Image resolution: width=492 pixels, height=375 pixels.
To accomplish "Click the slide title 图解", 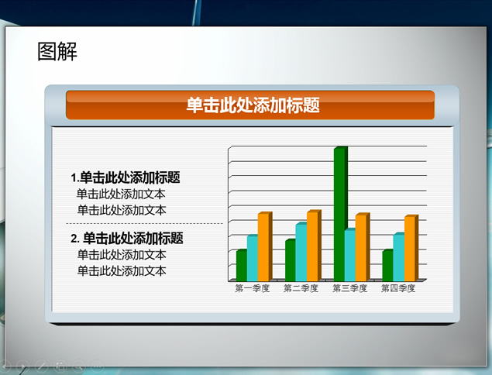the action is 57,51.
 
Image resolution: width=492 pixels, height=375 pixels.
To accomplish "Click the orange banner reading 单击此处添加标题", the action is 250,105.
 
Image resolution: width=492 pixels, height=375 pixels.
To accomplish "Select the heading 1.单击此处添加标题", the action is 126,177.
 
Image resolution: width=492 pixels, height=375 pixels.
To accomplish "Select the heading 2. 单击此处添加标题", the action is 127,238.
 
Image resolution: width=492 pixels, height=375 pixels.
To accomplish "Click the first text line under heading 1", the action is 121,194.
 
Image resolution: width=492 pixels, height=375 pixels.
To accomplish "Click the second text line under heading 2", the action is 122,270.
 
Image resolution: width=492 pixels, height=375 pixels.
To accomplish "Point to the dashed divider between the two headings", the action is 144,223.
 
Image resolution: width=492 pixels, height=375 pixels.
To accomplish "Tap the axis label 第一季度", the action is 253,288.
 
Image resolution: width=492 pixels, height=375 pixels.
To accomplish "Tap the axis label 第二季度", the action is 301,288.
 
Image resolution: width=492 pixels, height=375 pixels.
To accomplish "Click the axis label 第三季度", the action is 349,288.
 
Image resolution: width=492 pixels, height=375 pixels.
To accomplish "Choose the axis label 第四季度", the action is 398,288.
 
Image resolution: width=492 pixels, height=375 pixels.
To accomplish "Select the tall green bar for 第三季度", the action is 340,213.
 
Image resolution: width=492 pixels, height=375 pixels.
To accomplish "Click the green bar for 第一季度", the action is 242,266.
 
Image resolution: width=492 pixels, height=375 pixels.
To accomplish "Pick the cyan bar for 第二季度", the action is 301,252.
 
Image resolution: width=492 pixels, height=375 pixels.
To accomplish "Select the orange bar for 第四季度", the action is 411,248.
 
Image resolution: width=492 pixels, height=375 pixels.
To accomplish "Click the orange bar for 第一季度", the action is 265,246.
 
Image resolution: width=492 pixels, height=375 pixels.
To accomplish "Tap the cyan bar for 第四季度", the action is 399,257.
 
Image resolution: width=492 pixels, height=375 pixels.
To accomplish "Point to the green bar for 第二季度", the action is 291,260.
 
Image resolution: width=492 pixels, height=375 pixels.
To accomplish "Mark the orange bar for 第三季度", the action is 363,247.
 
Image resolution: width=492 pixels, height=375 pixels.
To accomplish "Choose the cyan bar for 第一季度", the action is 253,258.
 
